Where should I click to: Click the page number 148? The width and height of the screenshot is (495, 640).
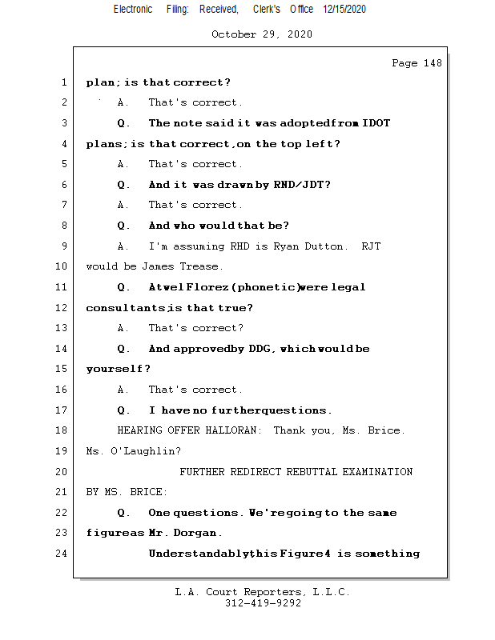coord(430,63)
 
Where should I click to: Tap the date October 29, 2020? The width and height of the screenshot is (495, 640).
coord(262,34)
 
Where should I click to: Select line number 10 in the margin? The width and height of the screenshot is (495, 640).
coord(62,266)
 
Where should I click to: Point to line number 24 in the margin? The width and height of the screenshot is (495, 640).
coord(62,554)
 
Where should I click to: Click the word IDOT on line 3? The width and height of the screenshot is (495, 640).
coord(376,123)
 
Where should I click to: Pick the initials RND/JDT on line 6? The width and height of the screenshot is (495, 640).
coord(302,185)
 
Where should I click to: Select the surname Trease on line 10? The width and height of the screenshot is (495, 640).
coord(203,266)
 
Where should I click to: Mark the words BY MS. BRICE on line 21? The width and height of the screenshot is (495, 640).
coord(127,492)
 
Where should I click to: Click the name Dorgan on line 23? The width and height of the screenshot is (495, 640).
coord(198,533)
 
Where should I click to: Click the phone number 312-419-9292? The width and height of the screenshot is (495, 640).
coord(263,603)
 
